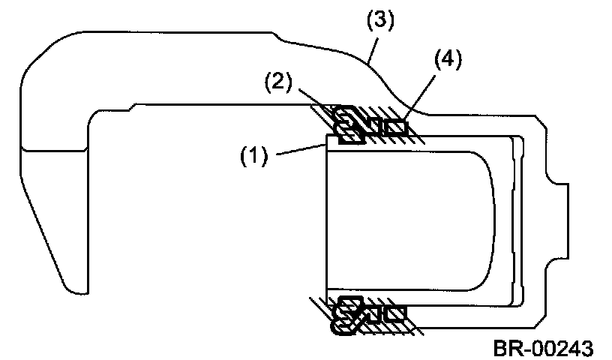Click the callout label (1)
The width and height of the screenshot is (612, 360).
(254, 157)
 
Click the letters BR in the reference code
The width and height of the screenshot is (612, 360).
(506, 347)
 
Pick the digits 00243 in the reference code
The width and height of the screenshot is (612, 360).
(559, 347)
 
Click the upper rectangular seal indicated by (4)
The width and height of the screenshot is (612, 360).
(394, 127)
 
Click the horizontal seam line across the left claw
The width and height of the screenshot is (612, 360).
(56, 151)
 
